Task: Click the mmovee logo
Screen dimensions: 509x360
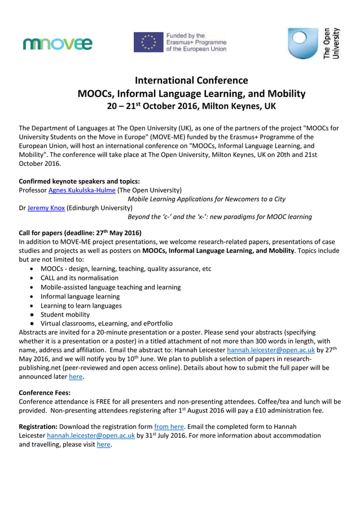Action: coord(58,43)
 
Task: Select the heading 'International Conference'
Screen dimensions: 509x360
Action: coord(191,80)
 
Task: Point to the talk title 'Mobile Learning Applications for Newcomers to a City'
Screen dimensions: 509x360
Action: coord(207,199)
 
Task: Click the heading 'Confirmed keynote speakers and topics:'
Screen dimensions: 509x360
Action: coord(79,181)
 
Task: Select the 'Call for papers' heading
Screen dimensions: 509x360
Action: coord(80,233)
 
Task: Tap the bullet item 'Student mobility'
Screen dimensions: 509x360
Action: coord(65,314)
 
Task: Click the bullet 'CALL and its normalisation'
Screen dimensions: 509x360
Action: coord(80,278)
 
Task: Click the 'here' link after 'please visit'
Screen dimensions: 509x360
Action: coord(103,445)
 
